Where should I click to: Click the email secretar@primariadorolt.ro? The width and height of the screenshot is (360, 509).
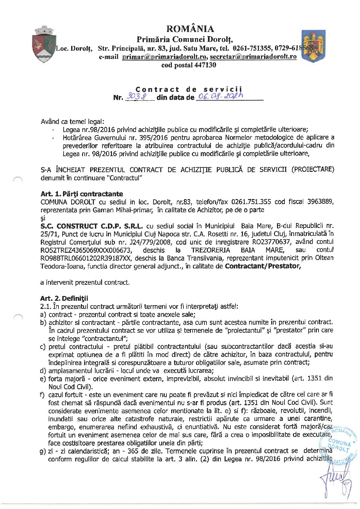(x=253, y=57)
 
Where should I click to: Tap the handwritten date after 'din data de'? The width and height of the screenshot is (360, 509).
(x=217, y=98)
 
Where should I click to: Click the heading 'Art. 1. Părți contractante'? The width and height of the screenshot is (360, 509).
(x=82, y=194)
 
